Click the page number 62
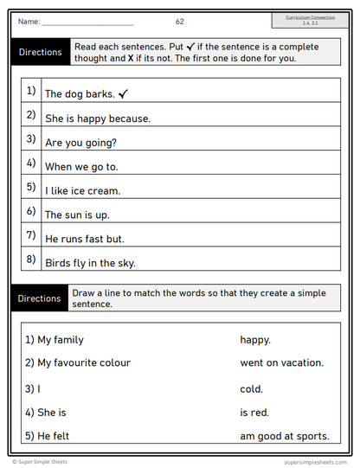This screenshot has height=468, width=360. [x=179, y=21]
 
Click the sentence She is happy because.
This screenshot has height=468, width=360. [x=97, y=119]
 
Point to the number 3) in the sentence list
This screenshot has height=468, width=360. [x=31, y=138]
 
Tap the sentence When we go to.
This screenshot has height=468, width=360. [x=80, y=167]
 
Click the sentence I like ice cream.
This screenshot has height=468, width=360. [x=82, y=191]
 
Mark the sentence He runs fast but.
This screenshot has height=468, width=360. [x=85, y=240]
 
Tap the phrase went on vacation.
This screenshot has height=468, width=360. [x=282, y=363]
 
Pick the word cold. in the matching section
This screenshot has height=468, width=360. [x=252, y=389]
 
